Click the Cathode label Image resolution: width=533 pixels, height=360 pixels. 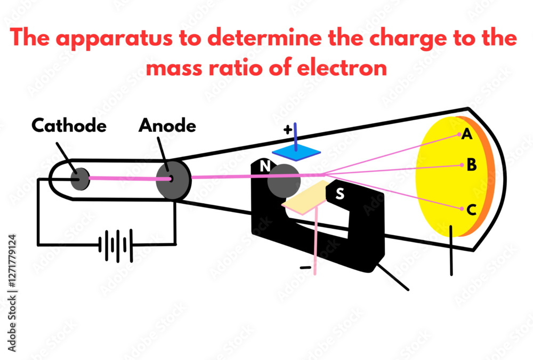tap(69, 126)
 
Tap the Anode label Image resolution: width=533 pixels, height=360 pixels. tap(167, 126)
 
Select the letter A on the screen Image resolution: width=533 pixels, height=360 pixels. tap(467, 135)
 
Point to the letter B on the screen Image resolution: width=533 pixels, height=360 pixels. tap(471, 165)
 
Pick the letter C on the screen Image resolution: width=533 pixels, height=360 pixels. tap(471, 210)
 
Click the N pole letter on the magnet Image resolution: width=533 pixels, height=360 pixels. tap(264, 167)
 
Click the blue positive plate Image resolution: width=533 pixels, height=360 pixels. tap(297, 153)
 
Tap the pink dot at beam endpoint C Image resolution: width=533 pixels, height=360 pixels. tap(461, 209)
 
